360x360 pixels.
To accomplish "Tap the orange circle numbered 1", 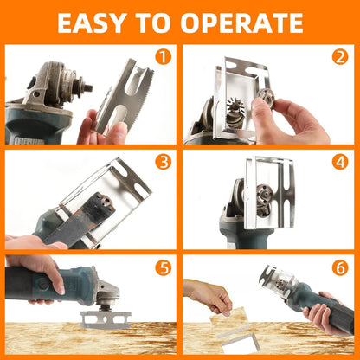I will pos(162,58).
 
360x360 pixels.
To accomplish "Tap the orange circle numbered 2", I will pos(340,58).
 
